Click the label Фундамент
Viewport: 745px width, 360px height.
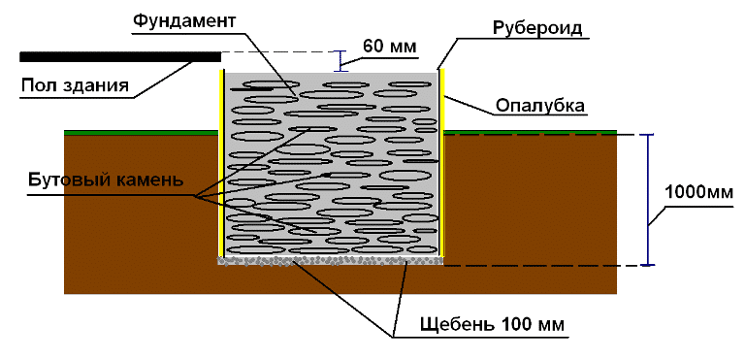pos(184,18)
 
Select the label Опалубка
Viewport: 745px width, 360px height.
pos(539,105)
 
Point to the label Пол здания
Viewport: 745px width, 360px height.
pos(75,85)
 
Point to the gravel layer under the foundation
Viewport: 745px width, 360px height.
pos(330,260)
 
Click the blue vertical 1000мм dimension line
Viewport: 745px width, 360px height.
pos(649,199)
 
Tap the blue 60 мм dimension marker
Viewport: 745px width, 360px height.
pos(340,60)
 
